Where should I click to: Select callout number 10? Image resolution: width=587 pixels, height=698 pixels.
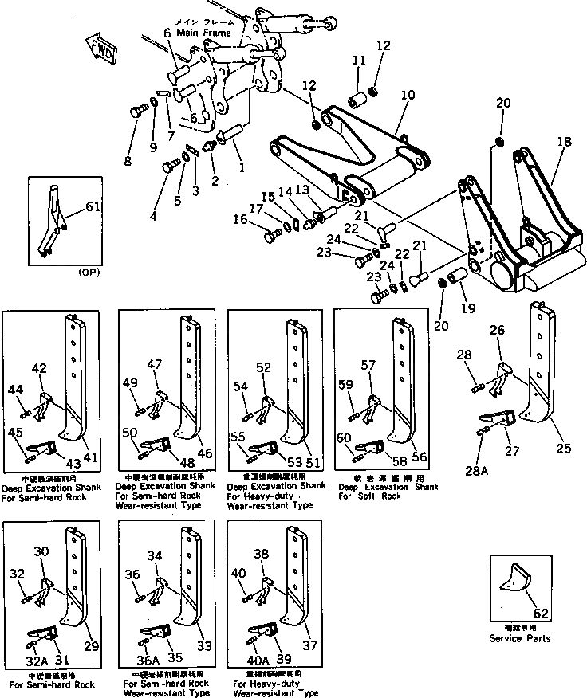[408, 94]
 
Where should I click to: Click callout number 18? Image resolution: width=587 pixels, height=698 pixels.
[564, 141]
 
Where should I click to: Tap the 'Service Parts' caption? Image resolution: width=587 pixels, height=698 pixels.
[520, 638]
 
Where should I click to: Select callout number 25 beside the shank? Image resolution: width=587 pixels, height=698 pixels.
[564, 449]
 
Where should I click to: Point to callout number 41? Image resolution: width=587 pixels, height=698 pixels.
[90, 457]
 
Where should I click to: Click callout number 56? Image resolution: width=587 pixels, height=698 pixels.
[420, 457]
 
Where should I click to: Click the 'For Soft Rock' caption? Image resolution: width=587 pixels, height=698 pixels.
[369, 496]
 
